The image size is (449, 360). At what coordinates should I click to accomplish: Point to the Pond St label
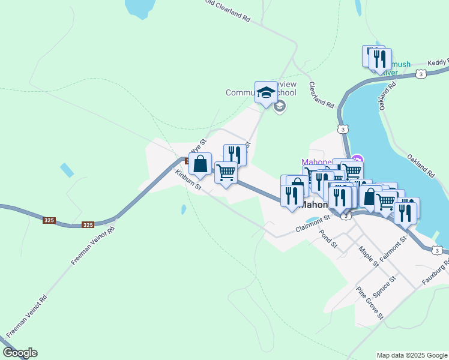click(329, 239)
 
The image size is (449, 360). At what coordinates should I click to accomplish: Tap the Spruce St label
click(385, 287)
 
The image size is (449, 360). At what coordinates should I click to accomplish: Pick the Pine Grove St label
click(370, 304)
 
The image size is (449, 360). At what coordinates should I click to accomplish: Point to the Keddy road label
click(438, 62)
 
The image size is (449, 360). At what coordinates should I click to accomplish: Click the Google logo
click(20, 353)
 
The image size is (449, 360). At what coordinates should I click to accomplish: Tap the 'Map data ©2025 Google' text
click(412, 355)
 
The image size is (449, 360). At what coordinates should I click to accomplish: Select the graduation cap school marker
click(266, 92)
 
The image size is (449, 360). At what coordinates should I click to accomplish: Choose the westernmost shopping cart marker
click(226, 172)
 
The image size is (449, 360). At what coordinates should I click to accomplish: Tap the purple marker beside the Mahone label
click(357, 159)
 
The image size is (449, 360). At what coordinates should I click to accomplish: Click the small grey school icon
click(279, 107)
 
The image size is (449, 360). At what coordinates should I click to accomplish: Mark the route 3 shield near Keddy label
click(421, 74)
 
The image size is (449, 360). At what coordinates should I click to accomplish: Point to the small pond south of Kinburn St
click(183, 210)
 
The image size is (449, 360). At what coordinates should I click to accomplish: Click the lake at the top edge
click(139, 7)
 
